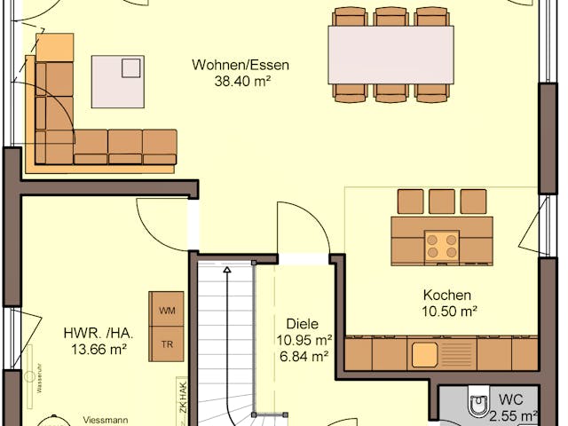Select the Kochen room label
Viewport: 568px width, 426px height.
(x=446, y=296)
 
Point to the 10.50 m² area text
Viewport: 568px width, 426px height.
(x=446, y=311)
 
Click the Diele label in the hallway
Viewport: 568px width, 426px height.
(x=302, y=325)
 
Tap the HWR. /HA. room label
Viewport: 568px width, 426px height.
(x=99, y=334)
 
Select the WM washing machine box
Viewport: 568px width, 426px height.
(x=167, y=311)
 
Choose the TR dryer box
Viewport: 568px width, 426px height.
(x=167, y=343)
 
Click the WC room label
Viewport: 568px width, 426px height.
(x=511, y=399)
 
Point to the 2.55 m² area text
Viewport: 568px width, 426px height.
(x=517, y=414)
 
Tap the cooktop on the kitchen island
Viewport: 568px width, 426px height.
(x=442, y=246)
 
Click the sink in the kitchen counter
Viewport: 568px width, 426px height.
(x=424, y=354)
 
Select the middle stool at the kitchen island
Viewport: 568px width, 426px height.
(x=441, y=201)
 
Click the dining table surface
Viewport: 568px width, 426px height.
(x=390, y=54)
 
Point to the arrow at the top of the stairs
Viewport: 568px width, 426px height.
(x=226, y=268)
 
